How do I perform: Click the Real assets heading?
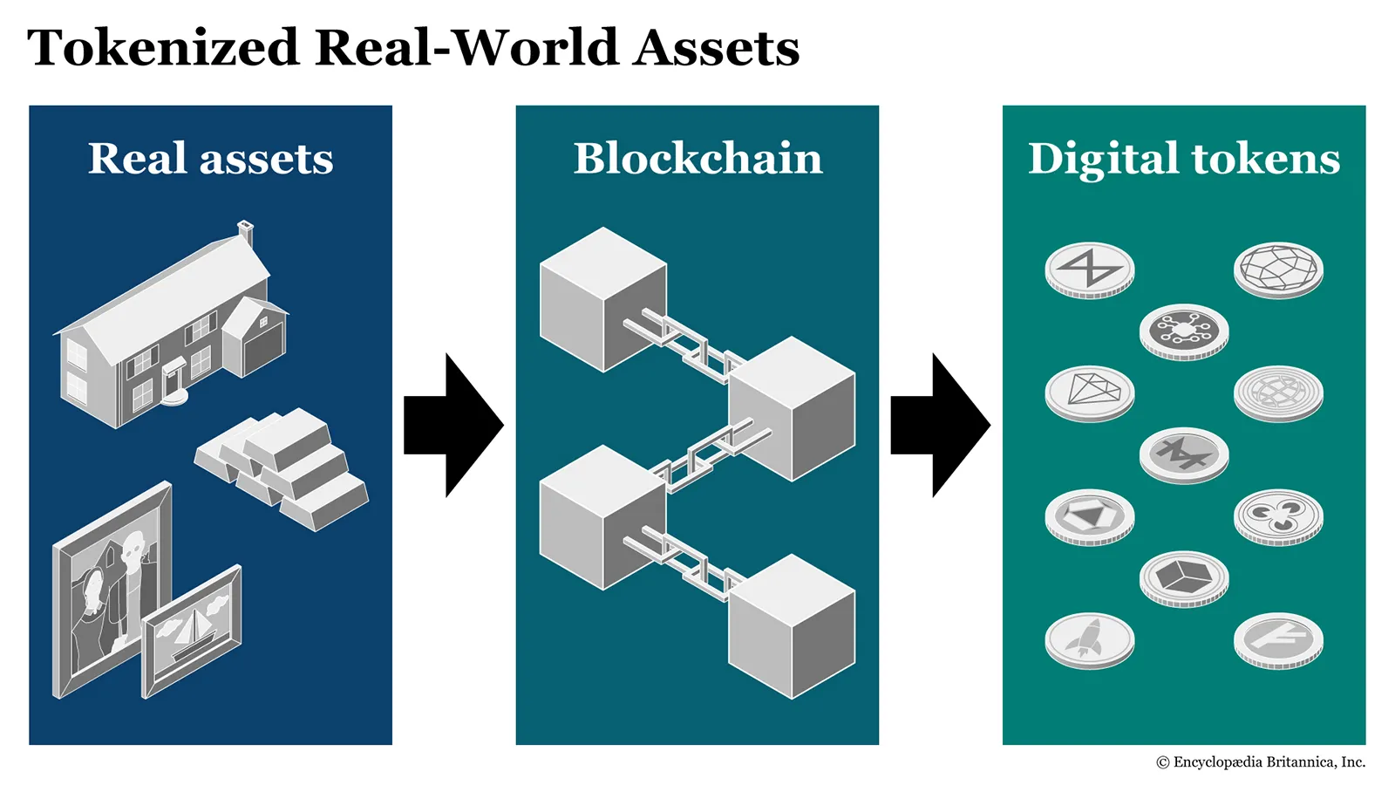tap(211, 159)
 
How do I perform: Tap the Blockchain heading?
tap(697, 159)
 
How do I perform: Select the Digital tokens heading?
tap(1184, 159)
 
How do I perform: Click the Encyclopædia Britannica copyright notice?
tap(1261, 762)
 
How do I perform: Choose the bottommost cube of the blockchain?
tap(791, 626)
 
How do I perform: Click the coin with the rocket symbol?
tap(1089, 639)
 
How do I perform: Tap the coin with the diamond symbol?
tap(1089, 392)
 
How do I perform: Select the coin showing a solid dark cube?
tap(1184, 577)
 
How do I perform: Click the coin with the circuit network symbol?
tap(1184, 329)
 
